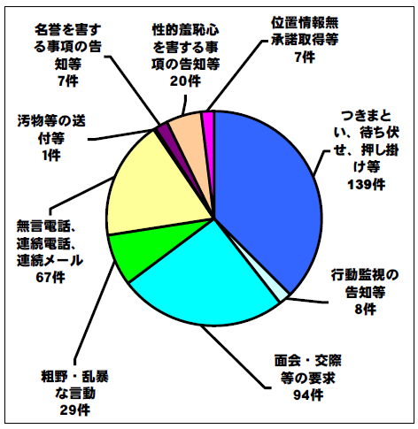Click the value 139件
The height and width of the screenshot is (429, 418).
(367, 185)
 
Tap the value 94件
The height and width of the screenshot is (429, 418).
(308, 395)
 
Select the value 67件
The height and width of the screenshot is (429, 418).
(50, 277)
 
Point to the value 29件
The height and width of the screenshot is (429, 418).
(74, 410)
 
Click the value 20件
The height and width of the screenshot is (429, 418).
(185, 80)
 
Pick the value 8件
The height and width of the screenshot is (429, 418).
(365, 309)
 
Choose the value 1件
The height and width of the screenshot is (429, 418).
(51, 155)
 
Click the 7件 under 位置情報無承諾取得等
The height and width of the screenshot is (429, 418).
(305, 57)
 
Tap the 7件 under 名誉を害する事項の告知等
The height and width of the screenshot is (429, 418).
(68, 80)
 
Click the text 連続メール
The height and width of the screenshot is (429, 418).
(50, 260)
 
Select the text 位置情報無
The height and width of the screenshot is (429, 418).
(305, 23)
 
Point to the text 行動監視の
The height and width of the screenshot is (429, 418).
(365, 275)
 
